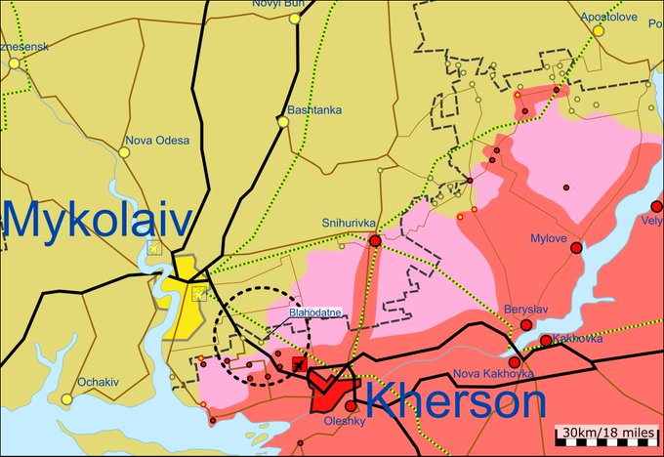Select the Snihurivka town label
(348, 223)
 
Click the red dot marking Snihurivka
(375, 240)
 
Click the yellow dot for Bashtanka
(283, 122)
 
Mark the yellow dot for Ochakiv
(66, 398)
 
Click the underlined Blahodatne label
(312, 313)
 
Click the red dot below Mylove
(576, 248)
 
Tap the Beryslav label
(526, 310)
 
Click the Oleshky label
(343, 422)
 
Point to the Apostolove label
(608, 18)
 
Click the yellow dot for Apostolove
(598, 30)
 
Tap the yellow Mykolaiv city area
(181, 293)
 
